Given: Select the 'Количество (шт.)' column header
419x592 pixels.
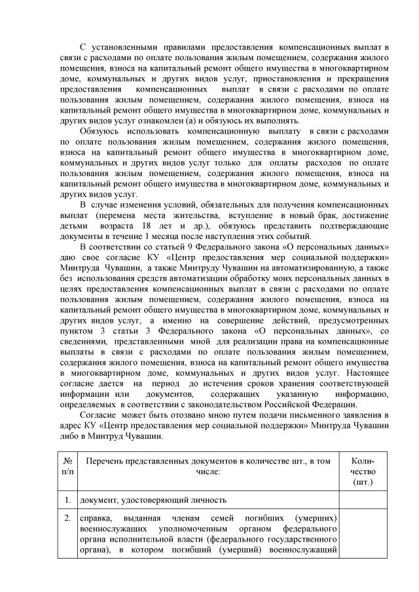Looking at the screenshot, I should point(362,471).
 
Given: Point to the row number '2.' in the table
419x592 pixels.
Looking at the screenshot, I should point(67,518).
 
